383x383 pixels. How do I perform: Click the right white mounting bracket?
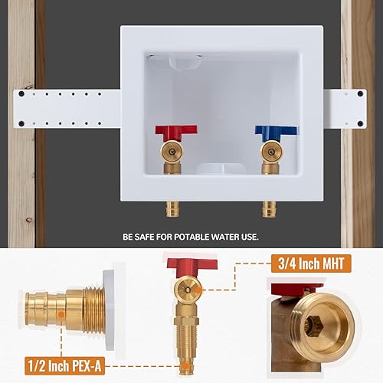[345, 107]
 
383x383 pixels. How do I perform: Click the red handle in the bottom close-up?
[191, 265]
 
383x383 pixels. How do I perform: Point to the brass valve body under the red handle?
[173, 157]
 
